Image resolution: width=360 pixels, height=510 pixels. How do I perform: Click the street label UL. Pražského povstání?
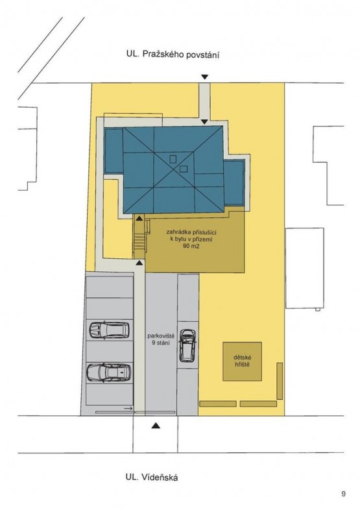click(x=173, y=55)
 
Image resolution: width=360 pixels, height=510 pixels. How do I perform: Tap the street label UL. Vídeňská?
click(x=152, y=478)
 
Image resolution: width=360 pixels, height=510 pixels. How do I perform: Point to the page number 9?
click(x=343, y=494)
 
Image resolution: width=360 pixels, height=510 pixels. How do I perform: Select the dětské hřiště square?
click(x=243, y=361)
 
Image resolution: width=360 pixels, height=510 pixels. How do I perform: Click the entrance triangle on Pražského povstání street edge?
click(x=204, y=77)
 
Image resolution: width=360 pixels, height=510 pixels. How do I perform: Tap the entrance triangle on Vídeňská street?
click(x=156, y=425)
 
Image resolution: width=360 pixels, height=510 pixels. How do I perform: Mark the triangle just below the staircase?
click(x=139, y=262)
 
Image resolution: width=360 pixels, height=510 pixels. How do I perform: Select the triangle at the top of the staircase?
click(x=139, y=217)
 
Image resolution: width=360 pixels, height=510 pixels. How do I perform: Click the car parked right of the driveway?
click(x=188, y=345)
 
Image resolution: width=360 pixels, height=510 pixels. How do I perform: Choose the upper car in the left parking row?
click(x=109, y=330)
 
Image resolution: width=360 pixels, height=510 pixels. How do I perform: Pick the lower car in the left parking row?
click(x=109, y=372)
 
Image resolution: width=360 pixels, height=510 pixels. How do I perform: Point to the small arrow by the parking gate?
click(x=128, y=408)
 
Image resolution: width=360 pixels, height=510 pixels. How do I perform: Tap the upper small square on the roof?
click(x=173, y=159)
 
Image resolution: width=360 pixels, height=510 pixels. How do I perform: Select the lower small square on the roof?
click(x=184, y=169)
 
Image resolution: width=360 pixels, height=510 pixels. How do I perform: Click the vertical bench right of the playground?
click(x=280, y=381)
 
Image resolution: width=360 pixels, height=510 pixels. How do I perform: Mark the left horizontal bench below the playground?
click(x=218, y=404)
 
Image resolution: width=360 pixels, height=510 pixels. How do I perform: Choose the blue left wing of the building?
click(x=114, y=152)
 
